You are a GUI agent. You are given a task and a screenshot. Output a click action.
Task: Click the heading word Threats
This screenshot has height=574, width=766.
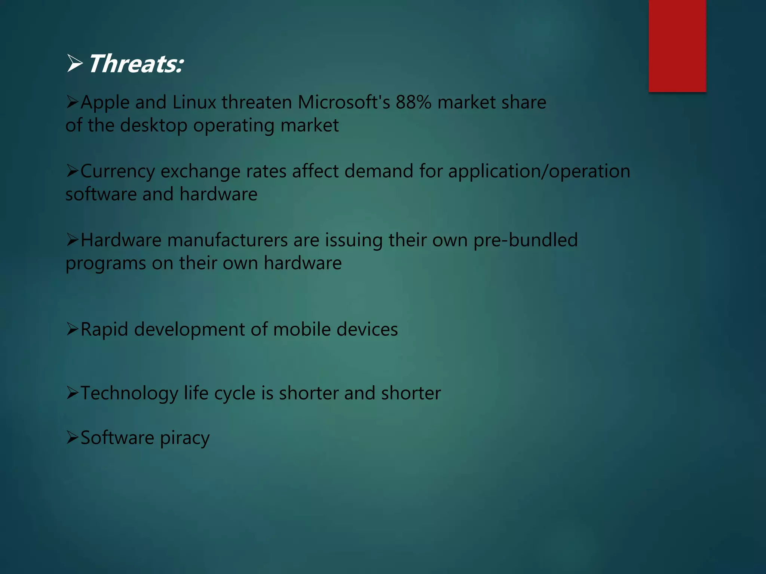pos(135,64)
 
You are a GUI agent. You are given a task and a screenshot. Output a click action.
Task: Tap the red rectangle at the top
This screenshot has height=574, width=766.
pos(677,46)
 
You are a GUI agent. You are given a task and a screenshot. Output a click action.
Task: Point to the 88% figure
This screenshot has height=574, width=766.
pos(413,102)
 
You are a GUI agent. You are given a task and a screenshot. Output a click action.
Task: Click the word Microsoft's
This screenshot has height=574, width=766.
pos(344,102)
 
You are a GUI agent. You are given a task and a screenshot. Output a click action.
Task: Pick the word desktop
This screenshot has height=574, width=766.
pos(154,126)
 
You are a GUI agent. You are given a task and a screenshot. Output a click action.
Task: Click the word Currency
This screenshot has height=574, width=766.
pos(117,172)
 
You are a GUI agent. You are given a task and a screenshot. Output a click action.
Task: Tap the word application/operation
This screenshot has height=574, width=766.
pos(539,172)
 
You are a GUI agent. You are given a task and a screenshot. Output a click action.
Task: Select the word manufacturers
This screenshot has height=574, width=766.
pos(227,240)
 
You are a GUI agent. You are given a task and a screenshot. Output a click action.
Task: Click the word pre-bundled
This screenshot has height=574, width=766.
pos(526,240)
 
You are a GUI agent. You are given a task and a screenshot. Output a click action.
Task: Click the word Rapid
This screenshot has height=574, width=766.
pos(104,330)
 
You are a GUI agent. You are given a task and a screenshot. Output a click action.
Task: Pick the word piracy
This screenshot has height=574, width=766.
pos(184,438)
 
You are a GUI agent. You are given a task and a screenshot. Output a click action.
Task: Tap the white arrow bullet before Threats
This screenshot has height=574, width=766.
pos(75,63)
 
